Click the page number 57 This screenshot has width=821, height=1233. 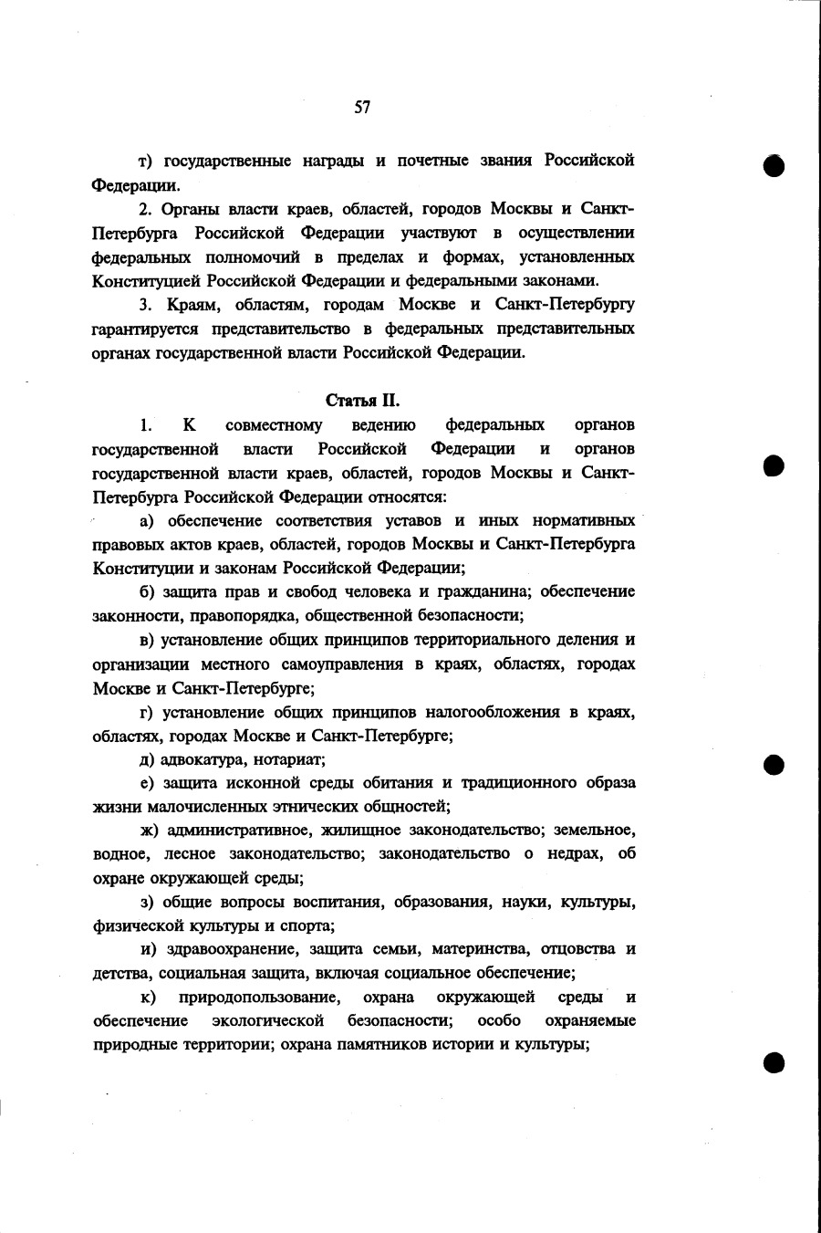pos(362,107)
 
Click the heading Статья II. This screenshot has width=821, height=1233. pos(363,401)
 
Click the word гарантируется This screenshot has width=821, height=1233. pos(147,328)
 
